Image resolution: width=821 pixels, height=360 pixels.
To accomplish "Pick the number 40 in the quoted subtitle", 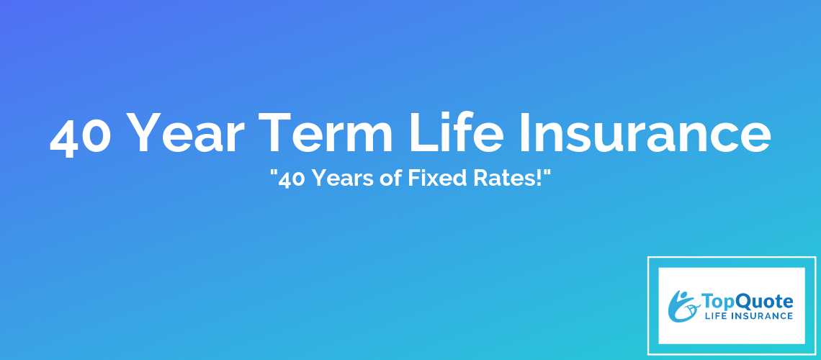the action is pos(292,179).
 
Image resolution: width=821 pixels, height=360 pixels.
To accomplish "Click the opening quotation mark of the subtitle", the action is pos(274,174).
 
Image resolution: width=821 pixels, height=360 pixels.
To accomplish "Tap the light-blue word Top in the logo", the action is pos(718,302).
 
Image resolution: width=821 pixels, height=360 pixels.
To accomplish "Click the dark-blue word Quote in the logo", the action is pos(764,302).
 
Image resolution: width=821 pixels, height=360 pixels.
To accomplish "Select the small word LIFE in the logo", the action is pos(715,315).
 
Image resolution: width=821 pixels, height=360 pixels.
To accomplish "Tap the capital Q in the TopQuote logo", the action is pos(744,302).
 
